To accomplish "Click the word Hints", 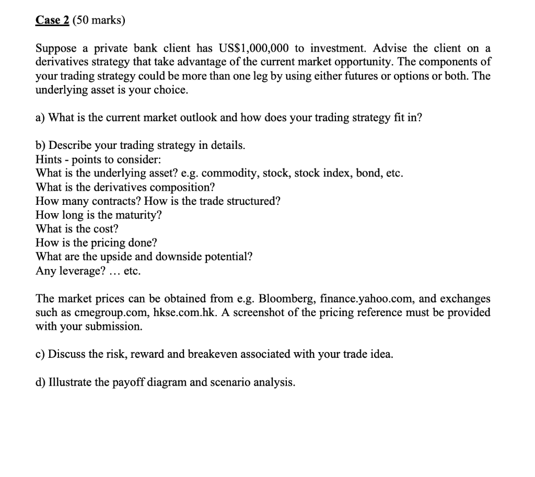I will [48, 159].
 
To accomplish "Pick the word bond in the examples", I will [368, 173].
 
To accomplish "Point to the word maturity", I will [137, 215].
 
